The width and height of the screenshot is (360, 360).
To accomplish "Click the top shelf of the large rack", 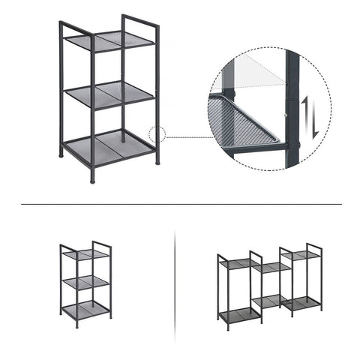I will (x=109, y=41).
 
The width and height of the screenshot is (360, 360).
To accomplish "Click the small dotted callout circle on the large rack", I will (x=157, y=136).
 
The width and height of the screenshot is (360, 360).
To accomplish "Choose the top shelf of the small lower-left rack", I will (x=85, y=255).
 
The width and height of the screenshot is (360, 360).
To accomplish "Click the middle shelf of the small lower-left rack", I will (x=85, y=282).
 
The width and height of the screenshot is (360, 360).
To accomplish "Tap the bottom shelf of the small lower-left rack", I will (x=85, y=308).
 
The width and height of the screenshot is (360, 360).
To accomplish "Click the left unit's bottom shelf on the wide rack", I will (x=237, y=314).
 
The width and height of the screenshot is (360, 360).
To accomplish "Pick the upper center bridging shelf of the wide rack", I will (x=271, y=266).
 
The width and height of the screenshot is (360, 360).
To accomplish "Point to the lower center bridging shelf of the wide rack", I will (x=271, y=301).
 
